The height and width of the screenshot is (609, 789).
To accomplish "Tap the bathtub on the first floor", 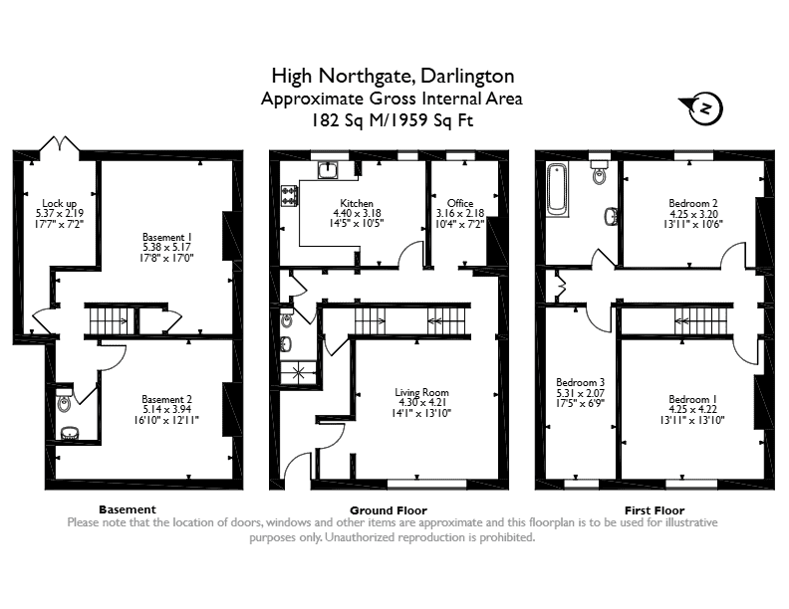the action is click(557, 190).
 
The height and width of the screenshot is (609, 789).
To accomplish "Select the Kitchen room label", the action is click(357, 203).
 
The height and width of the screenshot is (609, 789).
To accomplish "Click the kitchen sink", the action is click(329, 169).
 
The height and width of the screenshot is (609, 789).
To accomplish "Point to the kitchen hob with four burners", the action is click(289, 196).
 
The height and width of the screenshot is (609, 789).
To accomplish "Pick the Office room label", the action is click(460, 203).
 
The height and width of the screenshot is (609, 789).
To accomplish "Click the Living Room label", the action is click(421, 392).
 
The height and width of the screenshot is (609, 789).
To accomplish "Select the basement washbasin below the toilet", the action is click(69, 433).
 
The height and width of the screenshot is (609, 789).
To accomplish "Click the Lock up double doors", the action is click(60, 143).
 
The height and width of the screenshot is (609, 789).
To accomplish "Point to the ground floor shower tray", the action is click(299, 373).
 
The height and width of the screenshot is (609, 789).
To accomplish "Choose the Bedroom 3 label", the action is click(580, 382).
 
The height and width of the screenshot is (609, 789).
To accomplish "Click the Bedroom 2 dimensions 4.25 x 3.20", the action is click(693, 214).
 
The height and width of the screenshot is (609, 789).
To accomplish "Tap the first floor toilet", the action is click(600, 172).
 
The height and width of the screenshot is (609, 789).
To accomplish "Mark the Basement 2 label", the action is click(166, 399).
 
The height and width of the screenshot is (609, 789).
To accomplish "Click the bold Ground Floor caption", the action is click(388, 510).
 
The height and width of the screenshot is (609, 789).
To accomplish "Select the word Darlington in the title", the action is click(467, 76).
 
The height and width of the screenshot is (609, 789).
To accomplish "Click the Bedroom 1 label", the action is click(692, 399).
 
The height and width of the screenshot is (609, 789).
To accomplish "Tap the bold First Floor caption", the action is click(655, 510).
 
